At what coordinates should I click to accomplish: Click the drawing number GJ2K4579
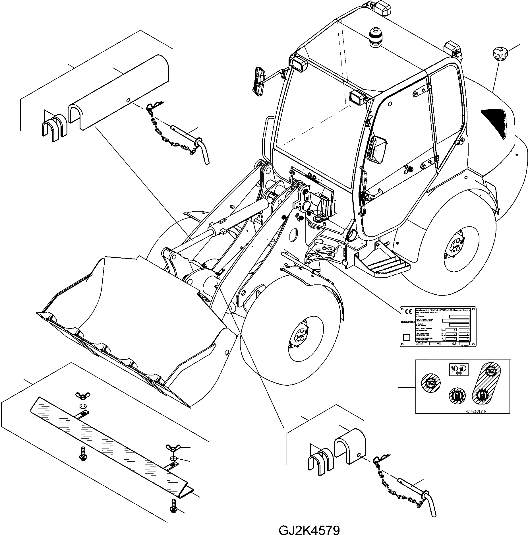point(309,528)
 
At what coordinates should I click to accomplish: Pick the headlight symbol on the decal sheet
point(459,369)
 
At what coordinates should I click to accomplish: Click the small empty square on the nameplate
point(407,337)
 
